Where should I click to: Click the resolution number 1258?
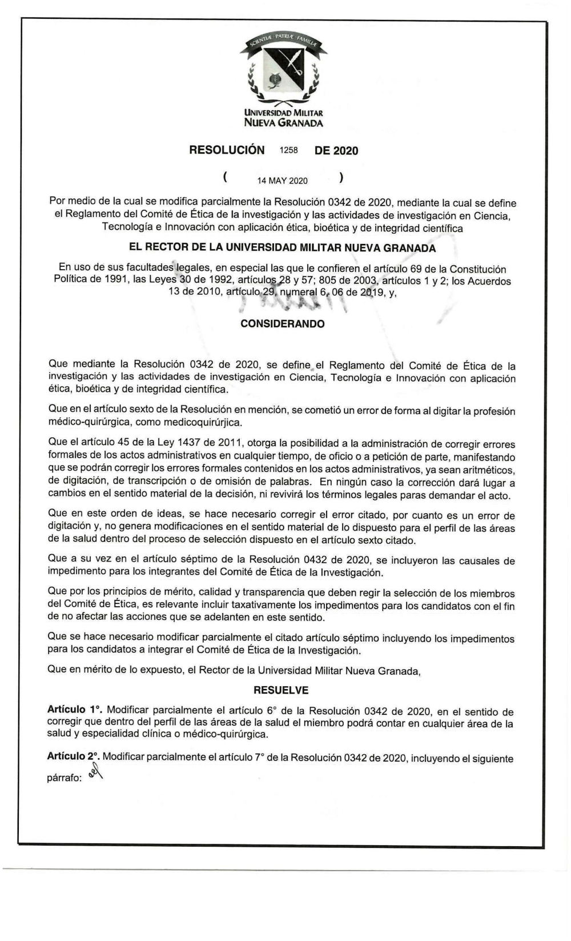289,150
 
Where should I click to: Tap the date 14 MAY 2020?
283,181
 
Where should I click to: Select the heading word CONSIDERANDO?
283,324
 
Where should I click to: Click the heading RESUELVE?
281,691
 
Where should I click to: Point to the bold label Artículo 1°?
74,710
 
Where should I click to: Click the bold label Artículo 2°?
74,757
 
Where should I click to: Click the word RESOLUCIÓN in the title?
227,150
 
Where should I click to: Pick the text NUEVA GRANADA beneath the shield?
283,123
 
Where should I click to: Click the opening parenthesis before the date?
226,178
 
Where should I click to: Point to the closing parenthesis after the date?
341,178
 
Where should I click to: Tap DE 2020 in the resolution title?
336,151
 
